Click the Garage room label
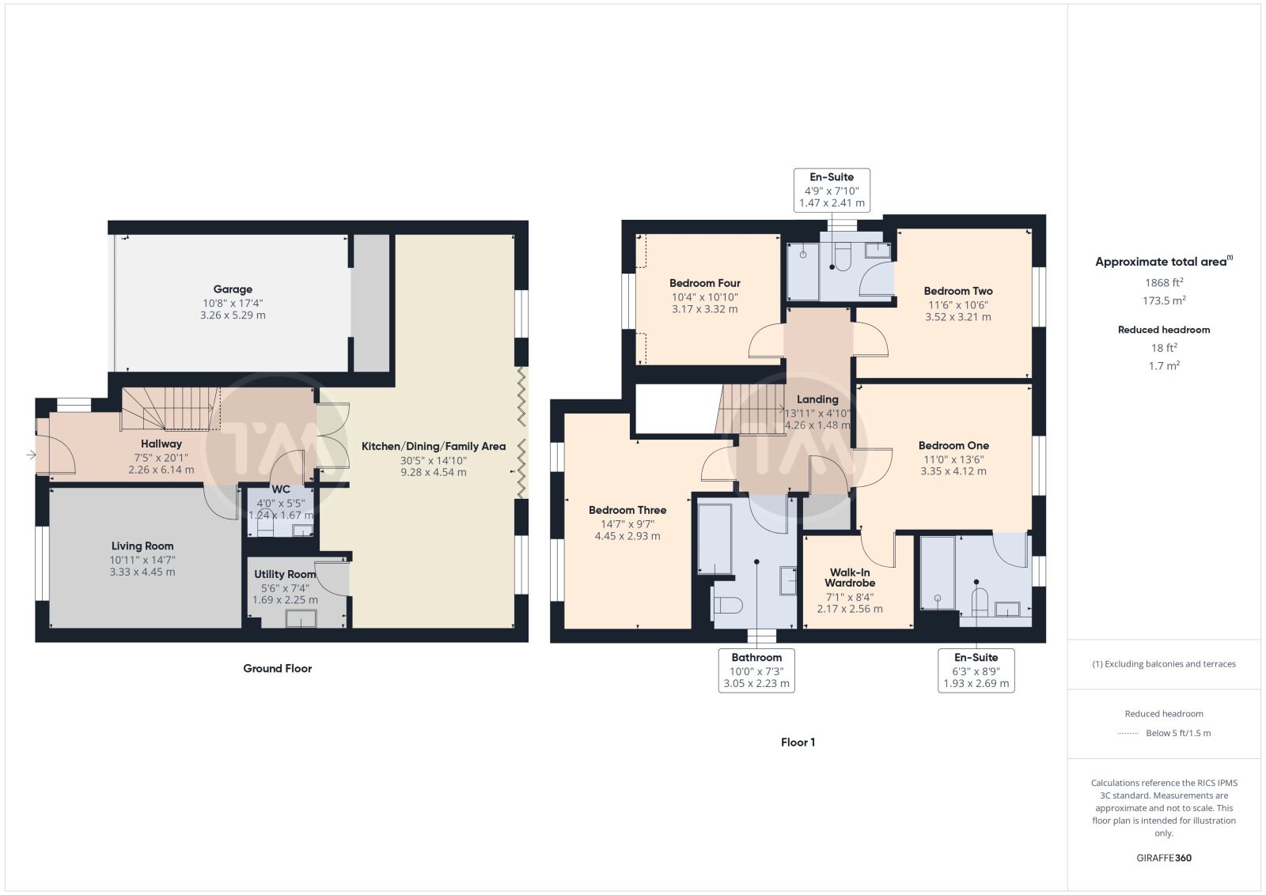pyautogui.click(x=233, y=289)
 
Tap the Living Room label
pyautogui.click(x=142, y=546)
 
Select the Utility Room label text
pyautogui.click(x=285, y=574)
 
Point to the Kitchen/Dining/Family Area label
pyautogui.click(x=434, y=447)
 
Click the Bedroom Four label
pyautogui.click(x=705, y=284)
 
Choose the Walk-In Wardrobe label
pyautogui.click(x=850, y=578)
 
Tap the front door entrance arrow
pyautogui.click(x=31, y=455)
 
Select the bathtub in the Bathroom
pyautogui.click(x=715, y=538)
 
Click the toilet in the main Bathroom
pyautogui.click(x=728, y=606)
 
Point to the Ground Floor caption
pyautogui.click(x=278, y=669)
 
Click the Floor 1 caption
pyautogui.click(x=798, y=742)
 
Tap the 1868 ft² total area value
pyautogui.click(x=1164, y=282)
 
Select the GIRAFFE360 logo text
pyautogui.click(x=1164, y=858)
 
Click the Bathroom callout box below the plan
pyautogui.click(x=756, y=670)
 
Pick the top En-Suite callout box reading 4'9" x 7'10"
pyautogui.click(x=832, y=191)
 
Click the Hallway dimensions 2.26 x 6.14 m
pyautogui.click(x=161, y=470)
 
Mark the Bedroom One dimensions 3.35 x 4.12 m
pyautogui.click(x=953, y=471)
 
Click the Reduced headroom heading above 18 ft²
pyautogui.click(x=1164, y=330)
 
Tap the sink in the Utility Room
pyautogui.click(x=301, y=619)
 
